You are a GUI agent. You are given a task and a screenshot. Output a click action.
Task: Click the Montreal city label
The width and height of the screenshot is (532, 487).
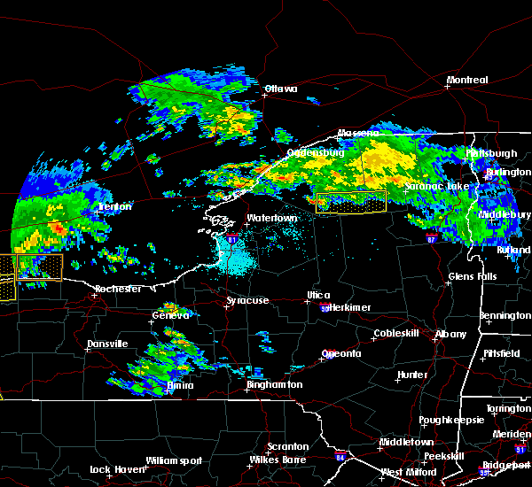(467, 81)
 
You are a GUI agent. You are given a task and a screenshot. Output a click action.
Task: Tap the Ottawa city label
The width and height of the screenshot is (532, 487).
(280, 89)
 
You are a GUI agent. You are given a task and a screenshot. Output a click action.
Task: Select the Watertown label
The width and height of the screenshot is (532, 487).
(270, 218)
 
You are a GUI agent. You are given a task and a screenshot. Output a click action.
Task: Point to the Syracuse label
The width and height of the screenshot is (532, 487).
(247, 301)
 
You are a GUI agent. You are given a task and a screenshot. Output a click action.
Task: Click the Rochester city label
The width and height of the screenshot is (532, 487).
(119, 290)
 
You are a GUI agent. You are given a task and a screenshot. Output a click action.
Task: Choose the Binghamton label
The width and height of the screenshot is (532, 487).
(274, 385)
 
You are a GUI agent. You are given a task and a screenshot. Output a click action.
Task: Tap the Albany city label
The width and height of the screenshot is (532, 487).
(450, 334)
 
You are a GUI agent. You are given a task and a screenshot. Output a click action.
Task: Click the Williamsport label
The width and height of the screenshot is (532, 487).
(174, 460)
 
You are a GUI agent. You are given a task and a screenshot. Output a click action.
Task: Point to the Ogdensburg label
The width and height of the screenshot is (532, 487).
(315, 152)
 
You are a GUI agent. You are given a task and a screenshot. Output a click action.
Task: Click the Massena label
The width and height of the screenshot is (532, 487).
(357, 134)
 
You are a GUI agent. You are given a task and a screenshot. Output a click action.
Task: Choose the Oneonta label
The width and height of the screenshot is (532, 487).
(341, 353)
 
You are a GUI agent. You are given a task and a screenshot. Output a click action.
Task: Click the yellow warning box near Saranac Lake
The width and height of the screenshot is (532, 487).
(351, 202)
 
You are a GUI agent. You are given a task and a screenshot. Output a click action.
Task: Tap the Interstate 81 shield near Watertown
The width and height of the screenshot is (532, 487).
(232, 239)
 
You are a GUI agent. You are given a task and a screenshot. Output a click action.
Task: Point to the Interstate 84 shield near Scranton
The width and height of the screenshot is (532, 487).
(340, 458)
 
